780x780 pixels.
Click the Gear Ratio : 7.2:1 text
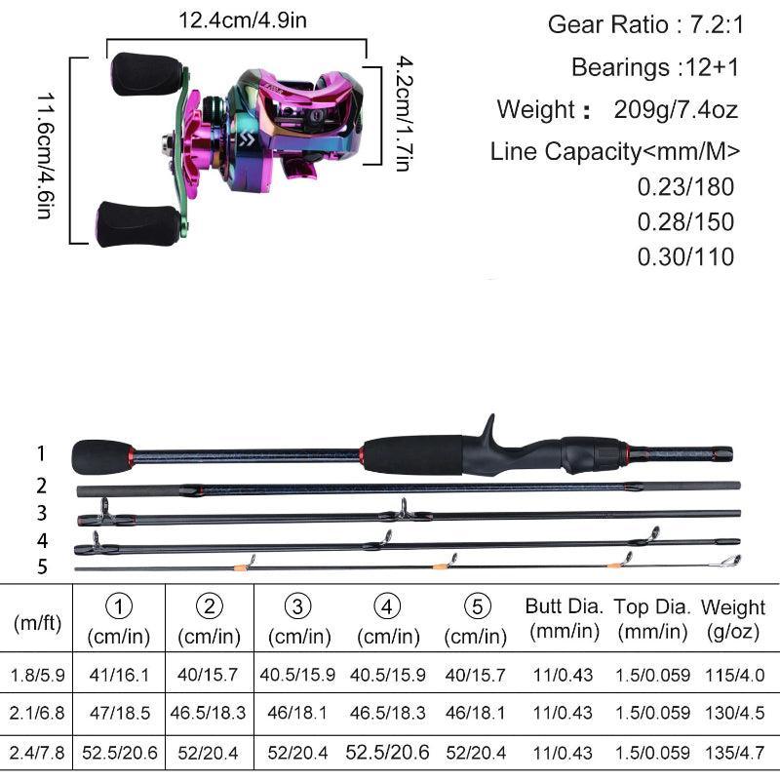click(x=645, y=24)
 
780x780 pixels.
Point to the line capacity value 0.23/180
click(x=684, y=187)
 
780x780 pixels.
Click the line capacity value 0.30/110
click(x=684, y=256)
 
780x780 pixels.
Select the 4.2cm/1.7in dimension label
click(x=401, y=114)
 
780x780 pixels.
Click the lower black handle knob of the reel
click(x=137, y=223)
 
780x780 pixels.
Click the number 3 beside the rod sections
click(x=42, y=513)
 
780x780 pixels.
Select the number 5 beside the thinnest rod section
click(x=42, y=566)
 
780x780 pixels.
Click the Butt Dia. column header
click(x=564, y=617)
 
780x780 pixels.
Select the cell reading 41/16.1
click(x=118, y=675)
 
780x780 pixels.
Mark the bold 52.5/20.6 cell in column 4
click(x=388, y=752)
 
